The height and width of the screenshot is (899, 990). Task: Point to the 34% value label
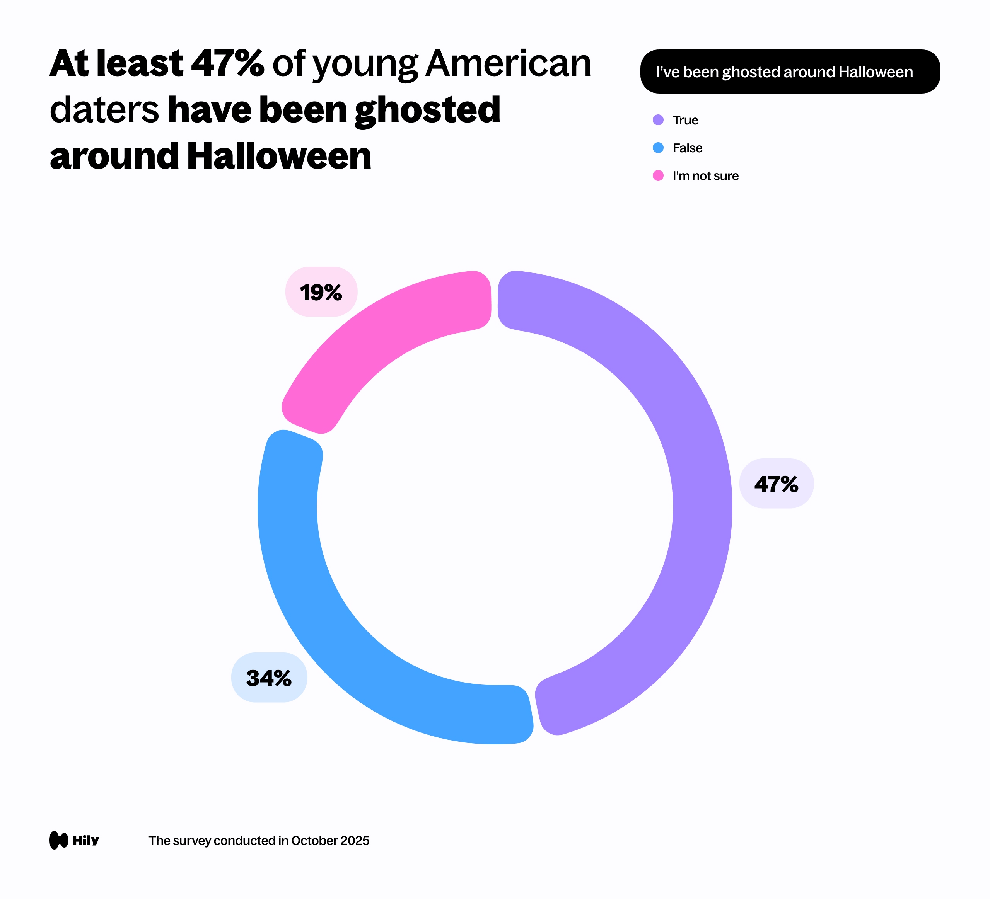coord(269,678)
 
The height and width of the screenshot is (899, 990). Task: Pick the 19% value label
coord(321,293)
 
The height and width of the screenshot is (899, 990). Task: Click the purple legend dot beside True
coord(658,120)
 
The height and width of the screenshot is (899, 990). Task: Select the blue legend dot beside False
coord(658,148)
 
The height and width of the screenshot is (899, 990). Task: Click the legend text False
coord(687,148)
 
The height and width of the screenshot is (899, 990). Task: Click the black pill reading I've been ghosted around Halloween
coord(790,72)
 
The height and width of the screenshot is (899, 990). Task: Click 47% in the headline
coord(227,64)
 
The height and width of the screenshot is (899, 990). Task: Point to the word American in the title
coord(508,64)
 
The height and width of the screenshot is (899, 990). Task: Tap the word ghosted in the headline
coord(427,111)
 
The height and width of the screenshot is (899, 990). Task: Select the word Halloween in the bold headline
coord(279,156)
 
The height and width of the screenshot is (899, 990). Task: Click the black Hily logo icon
coord(58,840)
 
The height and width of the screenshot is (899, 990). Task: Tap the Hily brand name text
coord(85,840)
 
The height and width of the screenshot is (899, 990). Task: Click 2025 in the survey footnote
coord(355,841)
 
